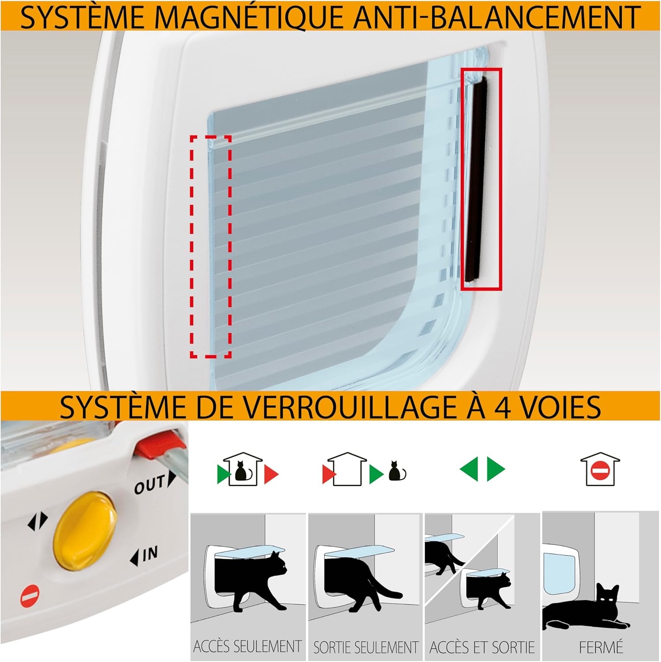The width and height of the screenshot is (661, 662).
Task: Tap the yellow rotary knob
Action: [86, 531]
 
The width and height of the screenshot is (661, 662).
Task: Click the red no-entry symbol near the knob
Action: [30, 595]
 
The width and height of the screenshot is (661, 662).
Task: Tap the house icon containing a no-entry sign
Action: [600, 469]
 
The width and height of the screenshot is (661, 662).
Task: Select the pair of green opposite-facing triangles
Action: [482, 469]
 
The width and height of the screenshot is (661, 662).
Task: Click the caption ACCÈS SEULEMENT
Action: [248, 647]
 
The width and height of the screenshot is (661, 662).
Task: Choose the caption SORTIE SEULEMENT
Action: [366, 647]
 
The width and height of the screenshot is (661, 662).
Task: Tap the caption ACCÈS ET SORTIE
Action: [482, 647]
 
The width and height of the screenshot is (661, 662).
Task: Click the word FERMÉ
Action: [601, 647]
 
